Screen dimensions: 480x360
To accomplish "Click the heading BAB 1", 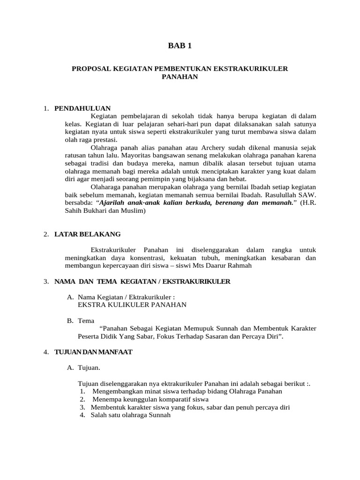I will tap(180, 45).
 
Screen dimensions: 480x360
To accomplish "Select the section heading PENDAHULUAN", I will tap(82, 108).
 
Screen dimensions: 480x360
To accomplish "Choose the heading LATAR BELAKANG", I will tap(87, 234).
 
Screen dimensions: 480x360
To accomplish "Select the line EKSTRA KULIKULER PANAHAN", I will tap(132, 305).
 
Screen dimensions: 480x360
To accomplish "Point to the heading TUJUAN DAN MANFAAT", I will tap(93, 352).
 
